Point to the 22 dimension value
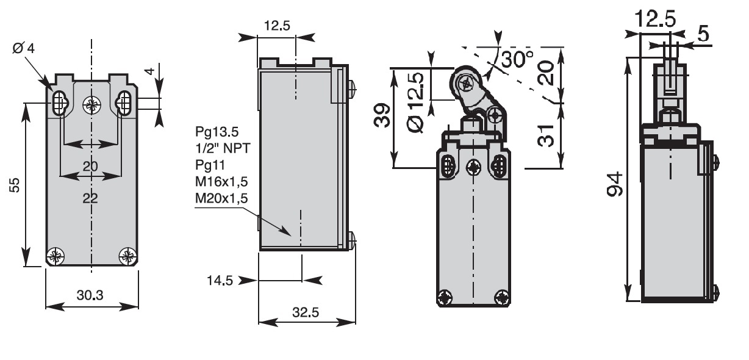coord(90,198)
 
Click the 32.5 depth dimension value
coord(306,312)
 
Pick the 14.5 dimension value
coord(220,281)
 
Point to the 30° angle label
coord(518,59)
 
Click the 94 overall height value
coord(616,184)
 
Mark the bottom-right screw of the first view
coord(127,256)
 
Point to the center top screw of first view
coord(92,105)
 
